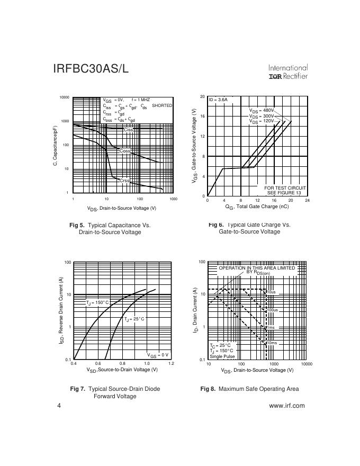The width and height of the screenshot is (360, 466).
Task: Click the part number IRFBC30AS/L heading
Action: coord(91,69)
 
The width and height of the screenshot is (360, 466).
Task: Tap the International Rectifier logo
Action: coord(288,72)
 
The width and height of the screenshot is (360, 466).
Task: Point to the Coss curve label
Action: coord(125,151)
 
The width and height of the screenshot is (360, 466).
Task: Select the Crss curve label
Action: coord(124,181)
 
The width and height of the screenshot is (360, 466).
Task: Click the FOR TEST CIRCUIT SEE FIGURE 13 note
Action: coord(285,190)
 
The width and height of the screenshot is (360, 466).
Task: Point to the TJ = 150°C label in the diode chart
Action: coord(97,302)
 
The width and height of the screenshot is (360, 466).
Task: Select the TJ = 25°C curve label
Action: coord(134,319)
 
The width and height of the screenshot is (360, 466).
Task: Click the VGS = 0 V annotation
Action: coord(158,355)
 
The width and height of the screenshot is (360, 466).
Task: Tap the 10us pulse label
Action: coord(271,292)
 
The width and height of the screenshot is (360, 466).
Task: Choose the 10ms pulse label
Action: coord(271,343)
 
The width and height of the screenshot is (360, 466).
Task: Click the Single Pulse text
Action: coord(222,356)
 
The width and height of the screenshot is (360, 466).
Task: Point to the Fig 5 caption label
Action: coord(77,225)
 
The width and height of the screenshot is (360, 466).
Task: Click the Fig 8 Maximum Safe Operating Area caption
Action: coord(249,389)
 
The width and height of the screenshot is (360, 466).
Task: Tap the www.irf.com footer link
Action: coord(287,406)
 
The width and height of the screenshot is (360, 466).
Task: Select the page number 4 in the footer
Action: coord(59,406)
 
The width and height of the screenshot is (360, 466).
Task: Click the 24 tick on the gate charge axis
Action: coord(307,201)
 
